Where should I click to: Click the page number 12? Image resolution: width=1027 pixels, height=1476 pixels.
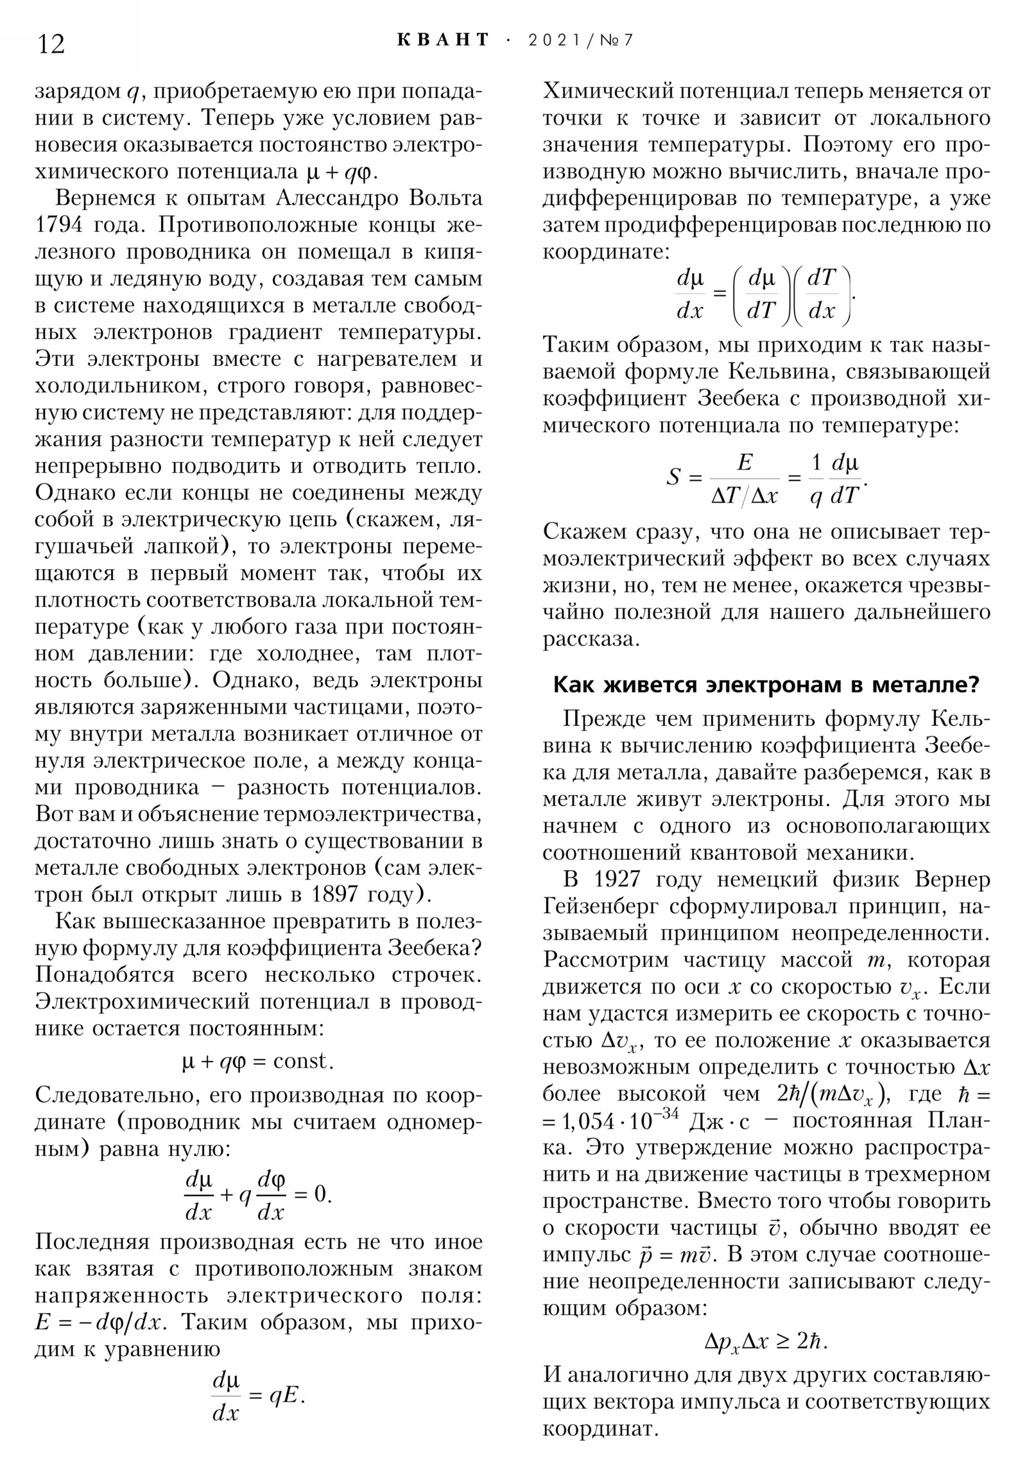pyautogui.click(x=51, y=44)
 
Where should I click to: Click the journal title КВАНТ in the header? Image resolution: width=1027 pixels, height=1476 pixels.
pyautogui.click(x=443, y=40)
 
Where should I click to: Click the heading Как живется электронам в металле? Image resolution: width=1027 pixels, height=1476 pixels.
pyautogui.click(x=765, y=685)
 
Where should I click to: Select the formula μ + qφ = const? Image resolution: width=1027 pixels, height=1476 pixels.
pyautogui.click(x=258, y=1061)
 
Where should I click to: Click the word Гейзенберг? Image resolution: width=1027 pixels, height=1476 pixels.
pyautogui.click(x=601, y=906)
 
